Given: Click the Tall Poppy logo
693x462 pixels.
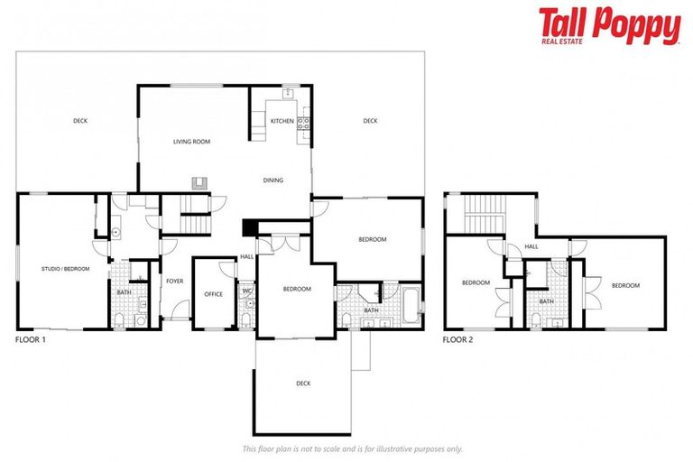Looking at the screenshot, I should tap(609, 25).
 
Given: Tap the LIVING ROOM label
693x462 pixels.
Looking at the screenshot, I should tap(191, 142).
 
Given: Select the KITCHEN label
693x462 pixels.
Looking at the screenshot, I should tap(282, 121).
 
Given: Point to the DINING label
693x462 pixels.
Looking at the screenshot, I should tap(273, 180).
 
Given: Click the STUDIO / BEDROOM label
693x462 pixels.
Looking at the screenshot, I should tap(65, 269).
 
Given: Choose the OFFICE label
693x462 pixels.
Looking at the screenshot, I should tap(213, 294).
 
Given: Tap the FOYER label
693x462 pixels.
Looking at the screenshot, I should tap(174, 282).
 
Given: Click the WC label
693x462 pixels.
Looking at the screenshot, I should tap(246, 291).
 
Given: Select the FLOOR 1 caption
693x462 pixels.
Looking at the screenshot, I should tap(31, 340).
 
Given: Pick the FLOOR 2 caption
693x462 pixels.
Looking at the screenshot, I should tap(458, 340).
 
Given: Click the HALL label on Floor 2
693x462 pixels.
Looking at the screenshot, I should tap(531, 245).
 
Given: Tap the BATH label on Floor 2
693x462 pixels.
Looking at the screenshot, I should tap(547, 301).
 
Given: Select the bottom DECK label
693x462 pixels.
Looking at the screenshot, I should tap(303, 383).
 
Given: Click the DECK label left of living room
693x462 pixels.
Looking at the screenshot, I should tap(80, 121).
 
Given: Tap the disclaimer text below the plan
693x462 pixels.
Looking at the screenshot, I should tap(353, 448).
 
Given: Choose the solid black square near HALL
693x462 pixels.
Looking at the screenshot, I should tap(250, 228).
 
